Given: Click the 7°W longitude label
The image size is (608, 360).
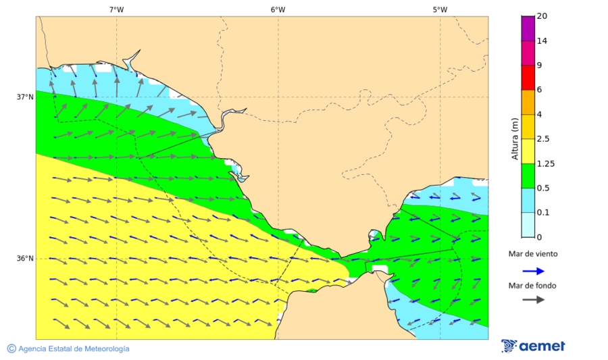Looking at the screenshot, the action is [116, 9].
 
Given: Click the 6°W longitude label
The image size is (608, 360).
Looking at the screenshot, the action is [278, 9].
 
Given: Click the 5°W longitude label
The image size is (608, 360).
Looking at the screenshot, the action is [440, 9].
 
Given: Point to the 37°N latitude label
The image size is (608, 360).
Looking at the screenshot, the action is [25, 97].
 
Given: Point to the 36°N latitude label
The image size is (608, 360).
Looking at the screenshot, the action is [25, 258].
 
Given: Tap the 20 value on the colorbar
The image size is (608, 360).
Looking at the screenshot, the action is [542, 16].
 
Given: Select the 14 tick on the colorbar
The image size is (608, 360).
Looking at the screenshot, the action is [542, 41].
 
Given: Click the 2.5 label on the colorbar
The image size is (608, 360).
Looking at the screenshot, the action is [543, 139].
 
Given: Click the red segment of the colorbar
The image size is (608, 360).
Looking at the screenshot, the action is [527, 77].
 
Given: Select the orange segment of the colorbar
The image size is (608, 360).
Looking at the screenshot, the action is [527, 102].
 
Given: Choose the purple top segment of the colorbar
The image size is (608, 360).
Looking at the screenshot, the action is [527, 28].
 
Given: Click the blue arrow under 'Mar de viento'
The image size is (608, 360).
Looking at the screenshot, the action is [534, 271].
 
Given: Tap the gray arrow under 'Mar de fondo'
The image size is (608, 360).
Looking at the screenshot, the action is [534, 299].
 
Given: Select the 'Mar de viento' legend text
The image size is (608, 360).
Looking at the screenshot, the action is [533, 254].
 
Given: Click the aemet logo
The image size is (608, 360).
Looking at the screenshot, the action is [534, 346].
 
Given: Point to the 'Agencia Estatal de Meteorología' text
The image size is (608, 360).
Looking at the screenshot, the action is [74, 349].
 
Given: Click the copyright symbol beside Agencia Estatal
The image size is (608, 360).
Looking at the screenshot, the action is [11, 349].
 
